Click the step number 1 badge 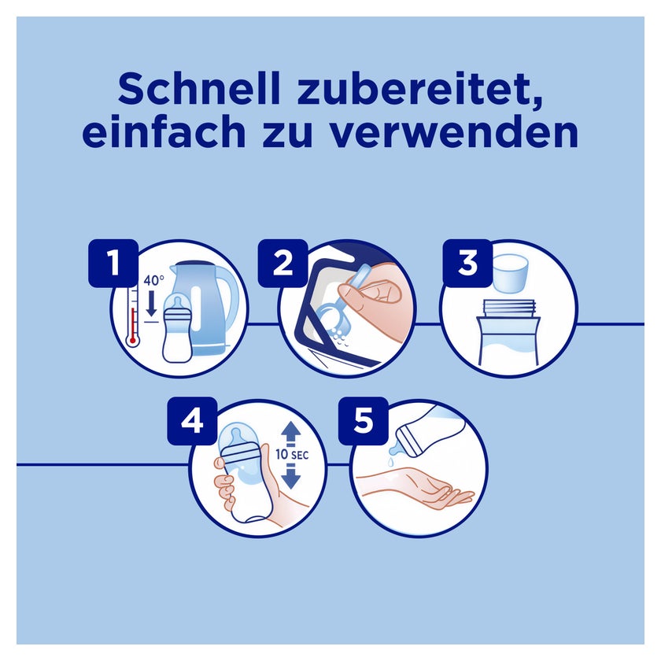click(x=113, y=263)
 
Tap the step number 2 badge click(x=282, y=263)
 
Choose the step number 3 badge click(x=467, y=263)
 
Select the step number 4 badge click(x=192, y=421)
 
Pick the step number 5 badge click(x=364, y=421)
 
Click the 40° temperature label click(x=153, y=280)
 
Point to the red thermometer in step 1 click(x=133, y=316)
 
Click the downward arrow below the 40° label click(x=151, y=304)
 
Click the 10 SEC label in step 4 click(x=292, y=455)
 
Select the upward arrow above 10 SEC click(x=291, y=434)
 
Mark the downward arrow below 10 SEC click(x=291, y=476)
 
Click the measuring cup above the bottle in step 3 click(x=511, y=273)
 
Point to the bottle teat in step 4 click(x=237, y=435)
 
